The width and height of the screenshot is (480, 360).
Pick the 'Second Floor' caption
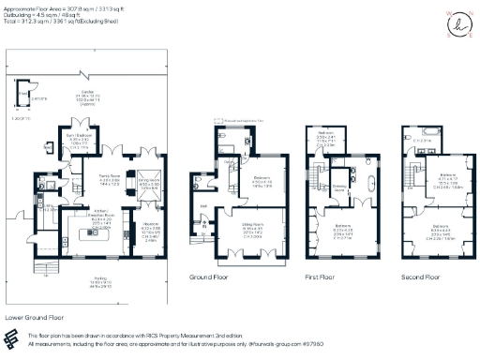coord(422,277)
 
